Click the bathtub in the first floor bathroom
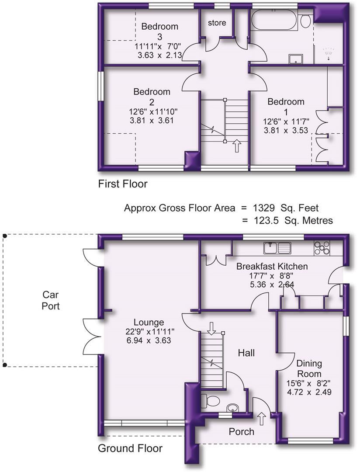tap(274, 21)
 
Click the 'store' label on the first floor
tap(217, 22)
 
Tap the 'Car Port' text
tap(51, 300)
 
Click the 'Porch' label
tap(242, 432)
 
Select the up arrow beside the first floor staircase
tap(237, 146)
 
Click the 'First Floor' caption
tap(123, 184)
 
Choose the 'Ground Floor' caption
tap(130, 448)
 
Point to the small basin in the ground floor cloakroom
tap(232, 408)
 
